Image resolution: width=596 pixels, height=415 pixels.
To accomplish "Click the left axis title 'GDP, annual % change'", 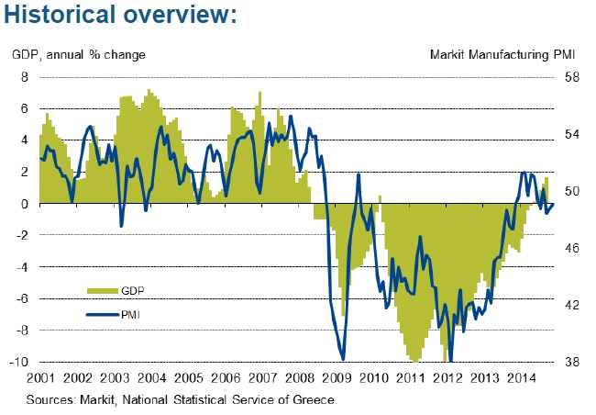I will click(x=79, y=55).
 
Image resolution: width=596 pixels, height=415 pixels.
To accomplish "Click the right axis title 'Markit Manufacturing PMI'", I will click(x=502, y=55).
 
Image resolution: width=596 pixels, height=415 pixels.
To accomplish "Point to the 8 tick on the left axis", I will click(x=26, y=77).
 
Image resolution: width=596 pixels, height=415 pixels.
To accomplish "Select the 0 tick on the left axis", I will click(x=26, y=204).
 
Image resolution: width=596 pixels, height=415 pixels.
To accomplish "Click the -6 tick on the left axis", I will click(x=22, y=298).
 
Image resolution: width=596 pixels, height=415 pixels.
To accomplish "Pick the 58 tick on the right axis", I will click(x=569, y=77).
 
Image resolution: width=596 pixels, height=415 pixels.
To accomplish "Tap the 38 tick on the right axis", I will click(x=569, y=362).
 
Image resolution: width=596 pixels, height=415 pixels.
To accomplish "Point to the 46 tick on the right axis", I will click(x=569, y=248).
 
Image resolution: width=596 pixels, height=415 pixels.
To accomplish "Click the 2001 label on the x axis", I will click(x=39, y=378).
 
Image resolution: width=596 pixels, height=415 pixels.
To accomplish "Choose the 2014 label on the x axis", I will click(x=523, y=378).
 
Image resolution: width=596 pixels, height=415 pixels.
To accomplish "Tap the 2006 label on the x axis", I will click(x=226, y=378).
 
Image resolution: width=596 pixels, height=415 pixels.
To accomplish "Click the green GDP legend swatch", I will click(x=102, y=290).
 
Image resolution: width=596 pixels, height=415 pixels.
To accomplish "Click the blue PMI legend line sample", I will click(x=102, y=315).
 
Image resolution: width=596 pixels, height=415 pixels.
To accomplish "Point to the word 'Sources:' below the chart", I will click(x=51, y=400).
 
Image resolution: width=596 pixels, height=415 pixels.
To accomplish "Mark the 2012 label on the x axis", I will click(x=449, y=378).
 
